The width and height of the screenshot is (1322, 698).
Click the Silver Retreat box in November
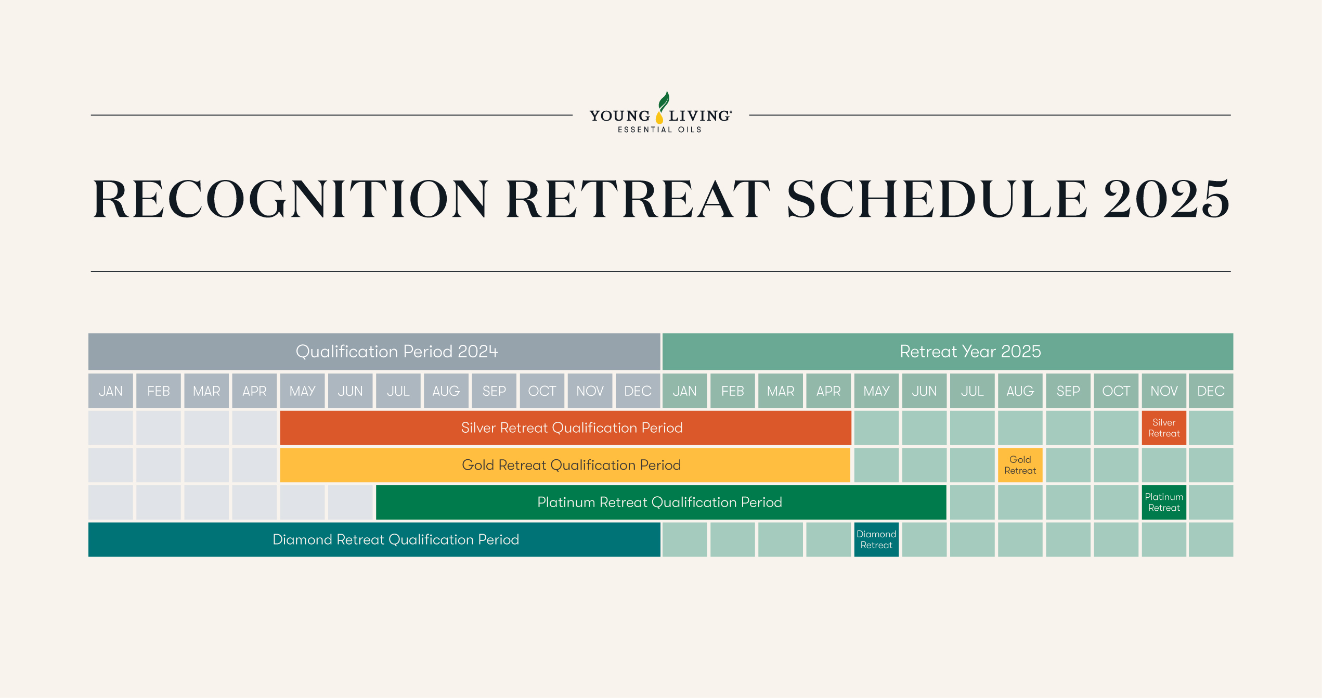[x=1164, y=428]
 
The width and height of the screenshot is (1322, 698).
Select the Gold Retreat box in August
[x=1020, y=465]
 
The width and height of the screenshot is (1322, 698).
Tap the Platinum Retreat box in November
[x=1164, y=502]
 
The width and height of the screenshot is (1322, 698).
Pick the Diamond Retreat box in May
[x=876, y=540]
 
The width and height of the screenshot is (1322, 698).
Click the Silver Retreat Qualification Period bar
[x=565, y=428]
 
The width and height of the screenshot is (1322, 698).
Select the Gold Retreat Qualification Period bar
[x=565, y=465]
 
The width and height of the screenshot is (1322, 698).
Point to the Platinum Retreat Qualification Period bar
[x=661, y=502]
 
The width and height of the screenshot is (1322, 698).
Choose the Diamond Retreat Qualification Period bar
[x=374, y=540]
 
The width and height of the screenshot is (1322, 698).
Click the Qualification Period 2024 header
[x=374, y=352]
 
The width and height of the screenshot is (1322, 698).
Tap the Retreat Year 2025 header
[x=948, y=352]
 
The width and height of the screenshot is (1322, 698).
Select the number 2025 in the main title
[x=1167, y=199]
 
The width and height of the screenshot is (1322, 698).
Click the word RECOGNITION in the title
[x=291, y=199]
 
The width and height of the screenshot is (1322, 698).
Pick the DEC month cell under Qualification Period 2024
[x=638, y=391]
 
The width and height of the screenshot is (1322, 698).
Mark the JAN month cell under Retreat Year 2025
[x=684, y=391]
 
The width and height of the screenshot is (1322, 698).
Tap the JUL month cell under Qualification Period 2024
[x=398, y=391]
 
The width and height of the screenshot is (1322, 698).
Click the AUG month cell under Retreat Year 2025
[x=1020, y=391]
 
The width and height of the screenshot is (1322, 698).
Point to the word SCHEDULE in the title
[x=937, y=199]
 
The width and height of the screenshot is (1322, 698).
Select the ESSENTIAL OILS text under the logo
[x=659, y=130]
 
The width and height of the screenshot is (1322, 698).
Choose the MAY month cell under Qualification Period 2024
[x=302, y=391]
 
